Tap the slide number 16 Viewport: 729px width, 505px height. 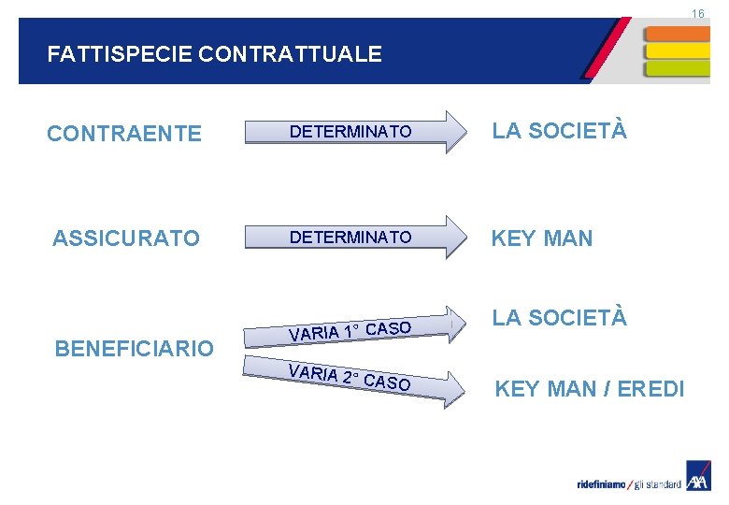tap(697, 13)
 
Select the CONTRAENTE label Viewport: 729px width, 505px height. tap(124, 134)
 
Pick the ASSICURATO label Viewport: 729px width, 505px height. tap(126, 238)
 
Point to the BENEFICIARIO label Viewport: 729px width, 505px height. tap(135, 349)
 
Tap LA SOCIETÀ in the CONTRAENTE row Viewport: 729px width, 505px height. tap(560, 131)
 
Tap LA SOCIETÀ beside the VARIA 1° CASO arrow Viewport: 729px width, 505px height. tap(560, 317)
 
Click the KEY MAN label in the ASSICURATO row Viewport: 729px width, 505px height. tap(542, 238)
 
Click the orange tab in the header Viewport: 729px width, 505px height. tap(677, 33)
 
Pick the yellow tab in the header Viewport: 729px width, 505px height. tap(677, 50)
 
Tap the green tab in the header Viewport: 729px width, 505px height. tap(677, 68)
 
